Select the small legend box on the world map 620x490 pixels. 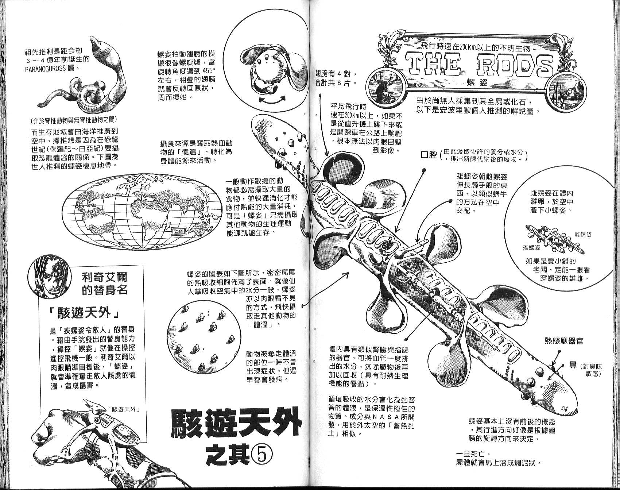(x=180, y=231)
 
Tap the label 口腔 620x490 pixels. (x=429, y=155)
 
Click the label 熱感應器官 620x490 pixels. (x=564, y=341)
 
